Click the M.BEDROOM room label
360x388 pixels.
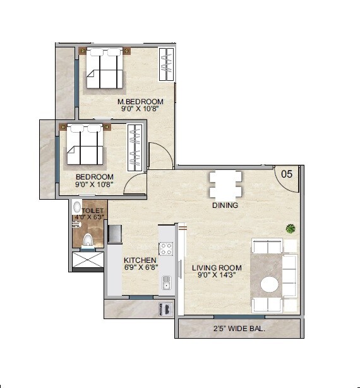140,101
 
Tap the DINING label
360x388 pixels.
225,205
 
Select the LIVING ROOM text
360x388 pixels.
217,268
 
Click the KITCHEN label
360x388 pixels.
140,260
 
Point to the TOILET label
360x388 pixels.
92,210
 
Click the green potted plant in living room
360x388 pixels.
290,228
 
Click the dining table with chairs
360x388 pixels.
225,185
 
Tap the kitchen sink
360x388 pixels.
166,282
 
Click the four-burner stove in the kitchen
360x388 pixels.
166,248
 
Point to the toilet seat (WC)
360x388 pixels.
88,239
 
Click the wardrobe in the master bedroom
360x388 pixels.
165,64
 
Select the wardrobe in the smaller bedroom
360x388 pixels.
135,146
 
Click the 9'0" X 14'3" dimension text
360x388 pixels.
217,276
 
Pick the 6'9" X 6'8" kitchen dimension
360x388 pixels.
140,268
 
